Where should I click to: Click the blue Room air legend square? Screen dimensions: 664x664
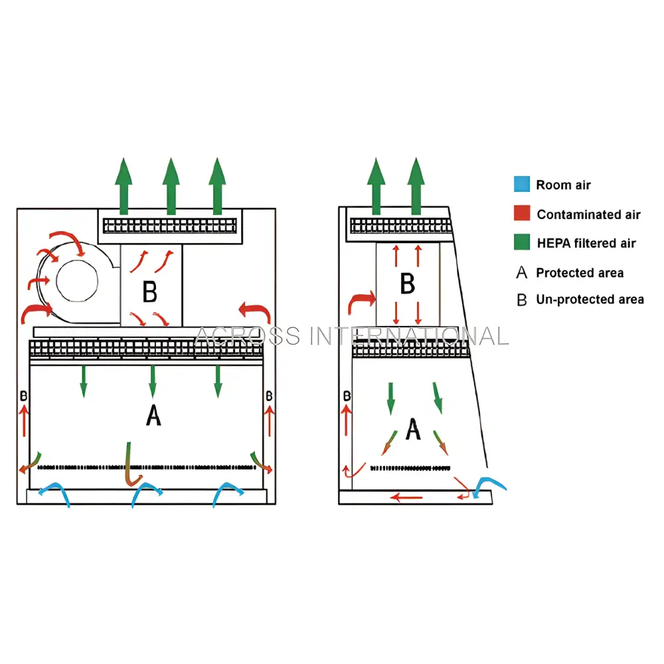click(x=522, y=185)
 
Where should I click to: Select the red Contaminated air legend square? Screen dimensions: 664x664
click(x=522, y=214)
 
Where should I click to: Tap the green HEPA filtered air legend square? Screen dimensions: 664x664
click(x=522, y=242)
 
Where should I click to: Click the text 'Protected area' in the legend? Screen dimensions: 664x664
click(x=580, y=273)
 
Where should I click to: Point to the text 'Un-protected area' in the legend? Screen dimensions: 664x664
click(x=590, y=300)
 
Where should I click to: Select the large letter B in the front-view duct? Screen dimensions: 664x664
click(x=150, y=291)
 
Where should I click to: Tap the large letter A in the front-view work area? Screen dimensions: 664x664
click(x=153, y=416)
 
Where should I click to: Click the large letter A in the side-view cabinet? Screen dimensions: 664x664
click(x=413, y=429)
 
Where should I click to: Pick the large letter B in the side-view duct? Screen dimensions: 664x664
click(x=407, y=284)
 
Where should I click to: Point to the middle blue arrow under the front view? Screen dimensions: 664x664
click(x=148, y=493)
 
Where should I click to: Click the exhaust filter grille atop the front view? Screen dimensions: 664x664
click(x=171, y=226)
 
